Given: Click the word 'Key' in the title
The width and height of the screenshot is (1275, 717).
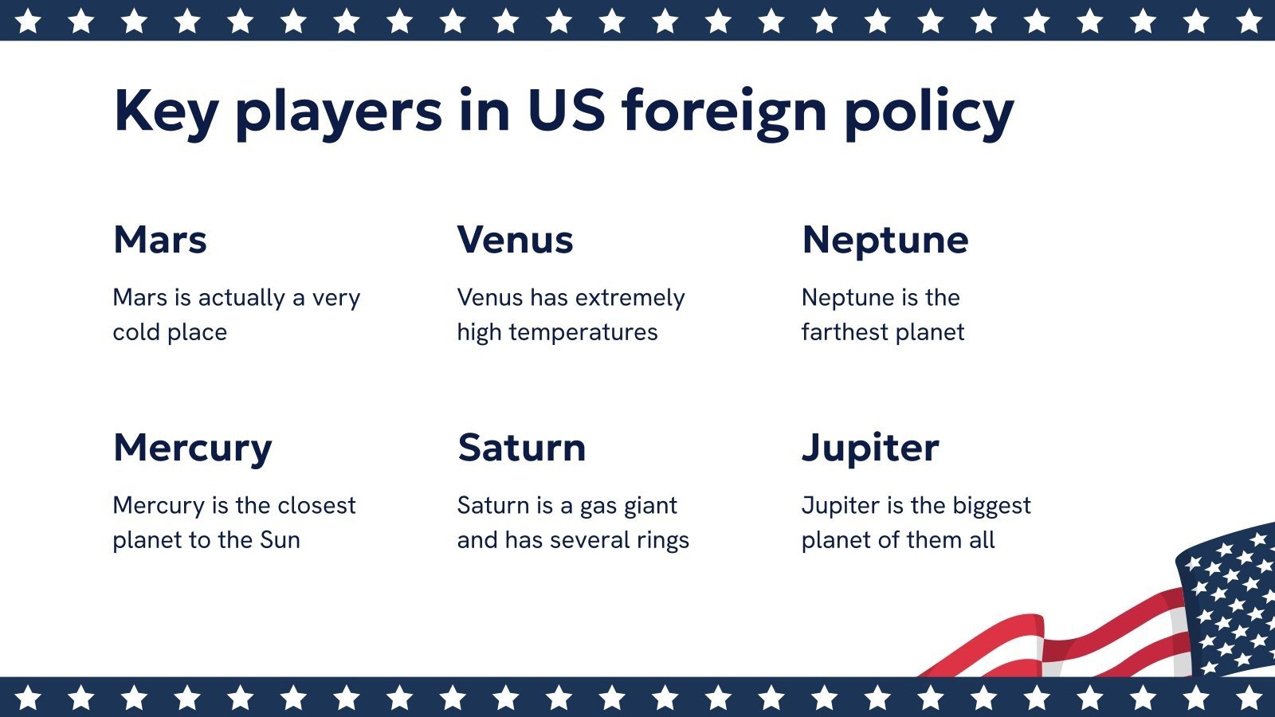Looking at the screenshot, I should coord(166,112).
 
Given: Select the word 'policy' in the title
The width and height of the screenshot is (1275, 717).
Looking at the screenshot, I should coord(928,112).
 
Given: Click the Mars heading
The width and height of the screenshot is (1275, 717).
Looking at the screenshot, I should coord(160,240).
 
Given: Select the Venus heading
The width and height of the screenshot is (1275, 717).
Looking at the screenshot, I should coord(515,240).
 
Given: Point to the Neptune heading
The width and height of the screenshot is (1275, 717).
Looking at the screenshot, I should coord(885,240).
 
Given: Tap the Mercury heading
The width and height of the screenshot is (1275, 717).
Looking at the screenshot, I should coord(192,448).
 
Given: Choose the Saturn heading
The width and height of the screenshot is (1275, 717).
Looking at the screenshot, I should coord(521,448).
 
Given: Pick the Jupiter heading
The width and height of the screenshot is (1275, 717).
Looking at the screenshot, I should coord(870,448).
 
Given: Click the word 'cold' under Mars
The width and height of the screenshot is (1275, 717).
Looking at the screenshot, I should coord(136,332).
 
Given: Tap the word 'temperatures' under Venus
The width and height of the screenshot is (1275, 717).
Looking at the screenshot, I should coord(583,332).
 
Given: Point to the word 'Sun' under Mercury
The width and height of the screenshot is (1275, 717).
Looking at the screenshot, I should coord(280,540).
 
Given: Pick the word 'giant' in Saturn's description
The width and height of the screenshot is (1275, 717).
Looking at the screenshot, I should coord(649,506).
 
